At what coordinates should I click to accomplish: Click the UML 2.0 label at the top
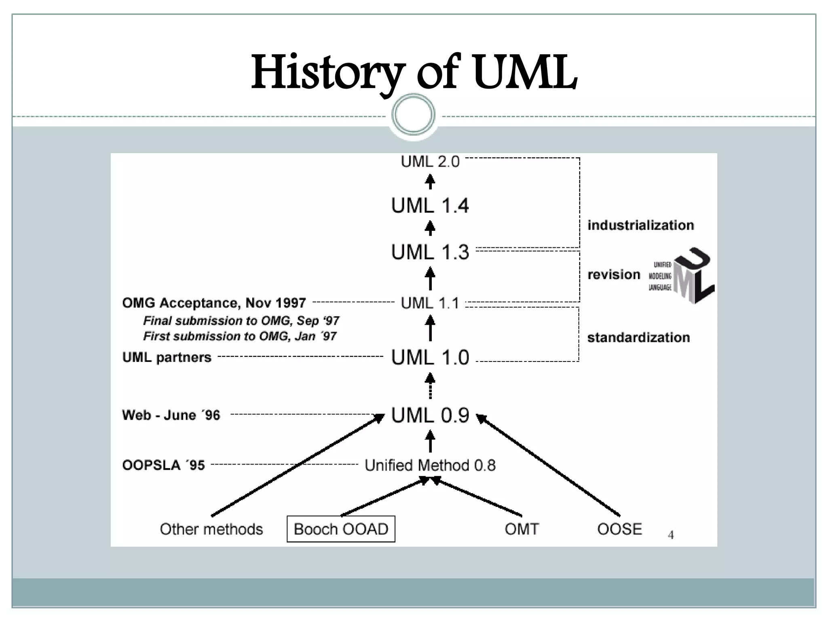(x=430, y=162)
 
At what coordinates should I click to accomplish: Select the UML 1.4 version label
(x=430, y=206)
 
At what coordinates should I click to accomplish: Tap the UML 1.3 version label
(x=430, y=252)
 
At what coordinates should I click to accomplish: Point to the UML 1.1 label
(x=430, y=303)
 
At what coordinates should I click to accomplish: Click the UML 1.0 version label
(x=430, y=358)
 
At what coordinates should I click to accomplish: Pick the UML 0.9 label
(x=430, y=416)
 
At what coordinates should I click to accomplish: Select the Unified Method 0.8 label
(x=430, y=465)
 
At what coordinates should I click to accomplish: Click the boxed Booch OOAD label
(x=341, y=529)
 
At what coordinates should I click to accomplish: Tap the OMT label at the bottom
(x=522, y=529)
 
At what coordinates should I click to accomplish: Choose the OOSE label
(x=619, y=529)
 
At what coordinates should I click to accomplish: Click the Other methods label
(x=211, y=529)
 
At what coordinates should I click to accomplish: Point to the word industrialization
(x=640, y=225)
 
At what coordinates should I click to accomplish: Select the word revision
(x=614, y=275)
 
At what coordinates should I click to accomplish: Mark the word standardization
(x=638, y=338)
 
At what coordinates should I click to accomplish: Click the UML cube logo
(x=691, y=276)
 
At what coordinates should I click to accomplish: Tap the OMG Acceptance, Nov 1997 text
(x=214, y=303)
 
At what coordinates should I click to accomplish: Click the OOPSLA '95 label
(x=163, y=465)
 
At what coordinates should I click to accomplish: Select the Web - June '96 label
(x=171, y=415)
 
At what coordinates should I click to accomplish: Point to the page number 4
(x=671, y=535)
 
